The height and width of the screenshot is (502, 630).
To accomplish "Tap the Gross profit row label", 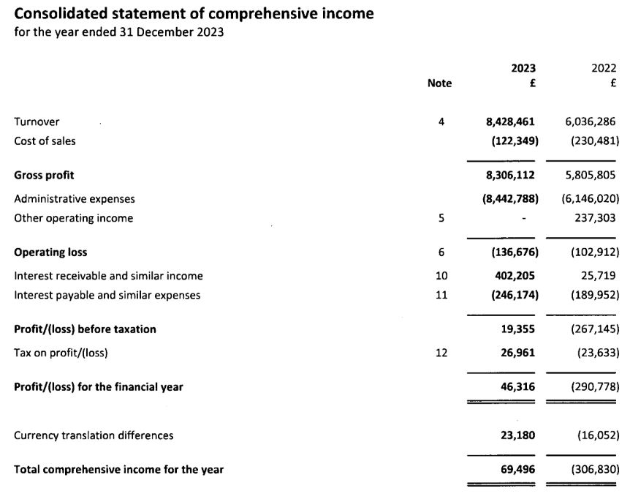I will (44, 176).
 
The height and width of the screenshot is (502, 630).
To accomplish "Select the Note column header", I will (439, 83).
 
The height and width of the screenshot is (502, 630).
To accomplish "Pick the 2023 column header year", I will (523, 68).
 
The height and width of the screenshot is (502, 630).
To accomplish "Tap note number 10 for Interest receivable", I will (441, 276).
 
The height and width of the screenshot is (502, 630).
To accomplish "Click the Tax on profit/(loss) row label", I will (61, 353).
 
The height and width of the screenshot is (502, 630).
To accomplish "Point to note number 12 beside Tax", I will (441, 353).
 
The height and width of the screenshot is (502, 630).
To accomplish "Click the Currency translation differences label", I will (94, 435).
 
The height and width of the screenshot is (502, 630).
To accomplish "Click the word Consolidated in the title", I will (62, 14).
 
